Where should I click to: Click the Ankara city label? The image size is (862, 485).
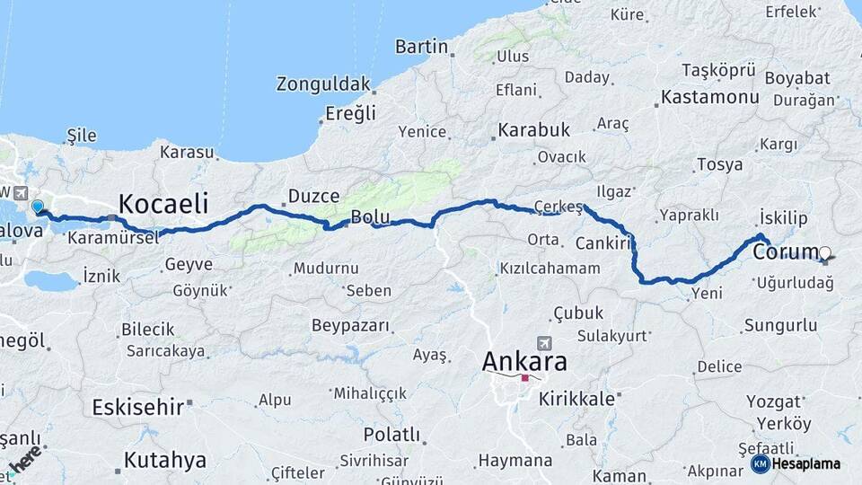pos(524,361)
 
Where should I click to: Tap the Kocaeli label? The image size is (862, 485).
pos(163,201)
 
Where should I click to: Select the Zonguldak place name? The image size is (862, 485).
pos(323,84)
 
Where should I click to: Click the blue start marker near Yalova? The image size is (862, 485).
pos(38,207)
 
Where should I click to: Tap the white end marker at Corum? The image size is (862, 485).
pos(824,253)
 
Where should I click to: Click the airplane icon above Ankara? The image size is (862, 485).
pos(543,343)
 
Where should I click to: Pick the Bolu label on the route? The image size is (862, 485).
pos(369,216)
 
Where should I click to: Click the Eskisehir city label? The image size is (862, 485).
pos(137,407)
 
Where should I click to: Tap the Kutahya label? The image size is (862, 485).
pos(164,461)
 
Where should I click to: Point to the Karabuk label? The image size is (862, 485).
pos(533,130)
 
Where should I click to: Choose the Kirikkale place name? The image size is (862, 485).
pos(576,399)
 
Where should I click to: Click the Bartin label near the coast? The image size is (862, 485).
pos(421,46)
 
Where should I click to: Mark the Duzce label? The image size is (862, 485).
pos(312,196)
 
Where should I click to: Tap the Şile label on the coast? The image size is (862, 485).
pos(82,136)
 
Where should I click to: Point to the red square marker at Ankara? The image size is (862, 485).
pos(524,378)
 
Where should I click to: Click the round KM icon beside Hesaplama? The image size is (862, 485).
pos(761,463)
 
